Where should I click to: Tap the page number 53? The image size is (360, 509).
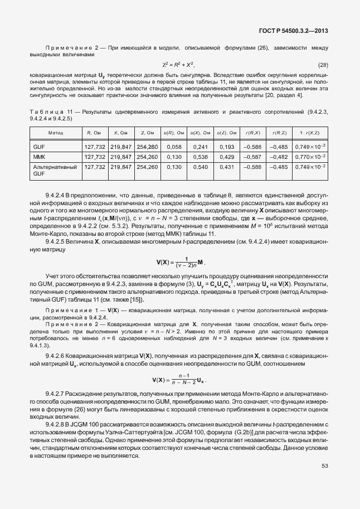click(325, 466)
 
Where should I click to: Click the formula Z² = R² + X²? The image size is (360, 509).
click(178, 65)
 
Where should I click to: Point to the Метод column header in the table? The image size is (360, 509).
click(55, 133)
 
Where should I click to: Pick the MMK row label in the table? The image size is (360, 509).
click(39, 157)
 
